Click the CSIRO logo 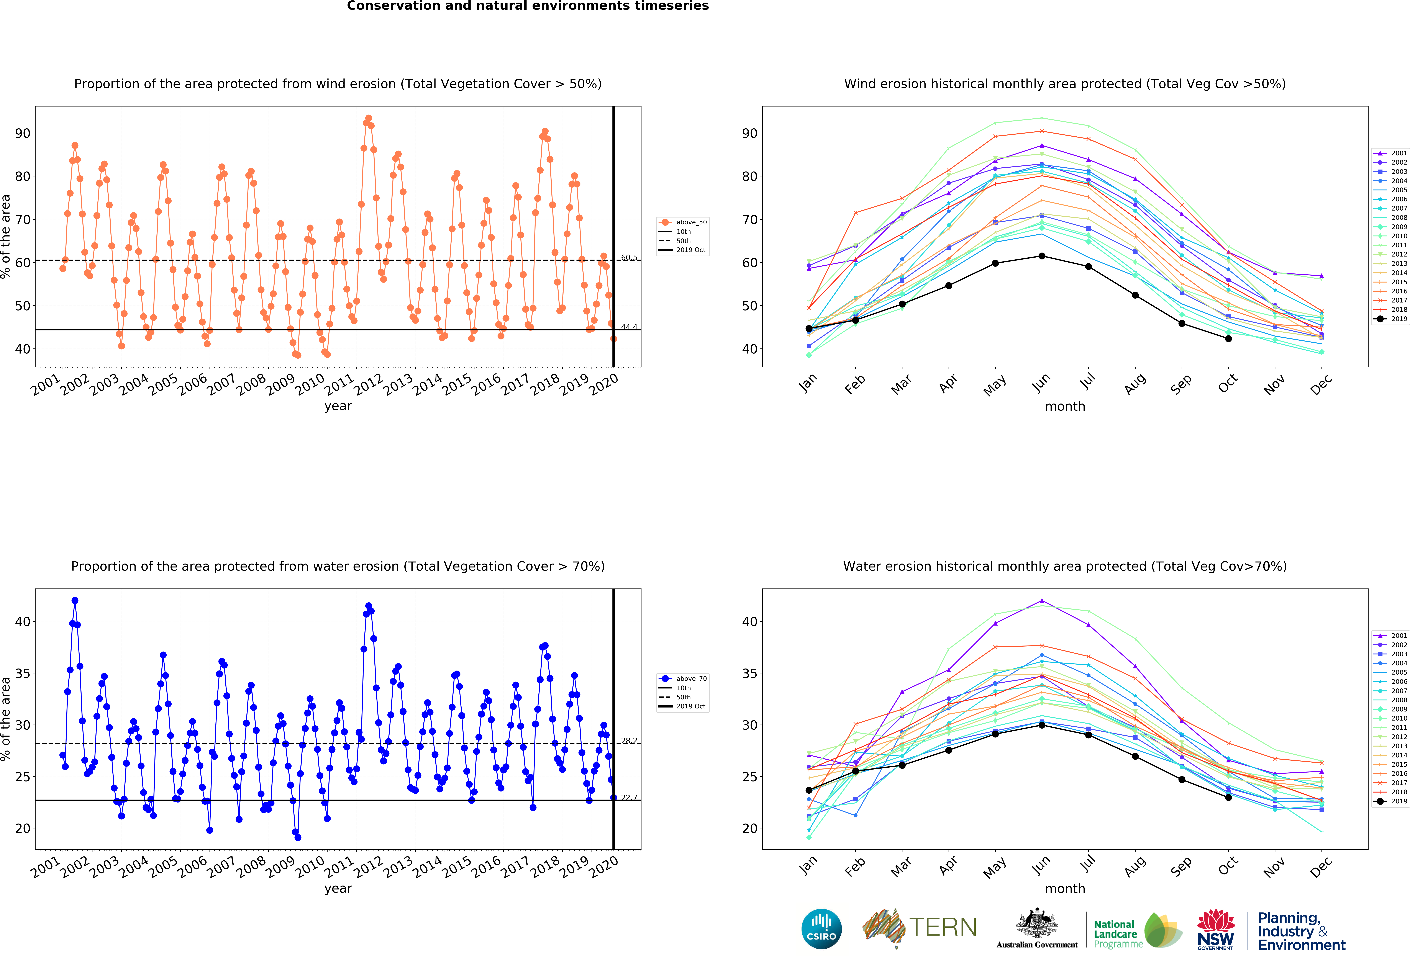point(821,928)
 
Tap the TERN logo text point(943,927)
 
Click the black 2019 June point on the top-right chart point(1042,256)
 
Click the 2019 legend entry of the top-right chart point(1391,318)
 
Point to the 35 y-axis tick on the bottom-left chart point(22,673)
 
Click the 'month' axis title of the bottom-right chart point(1065,888)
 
